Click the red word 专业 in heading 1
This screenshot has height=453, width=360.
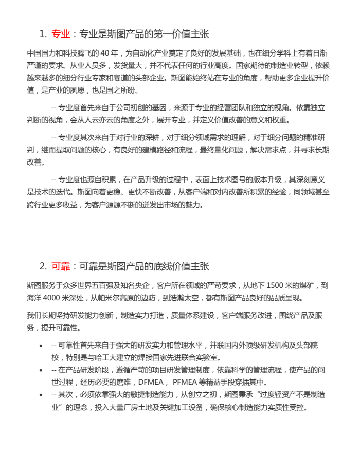tap(61, 34)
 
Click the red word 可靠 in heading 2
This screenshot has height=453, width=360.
tap(61, 266)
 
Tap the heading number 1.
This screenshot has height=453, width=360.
tap(42, 34)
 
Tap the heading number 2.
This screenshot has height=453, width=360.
tap(43, 266)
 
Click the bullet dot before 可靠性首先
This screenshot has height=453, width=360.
tap(41, 345)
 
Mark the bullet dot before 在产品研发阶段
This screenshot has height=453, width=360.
tap(41, 370)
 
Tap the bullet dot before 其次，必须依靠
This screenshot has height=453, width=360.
tap(41, 395)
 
